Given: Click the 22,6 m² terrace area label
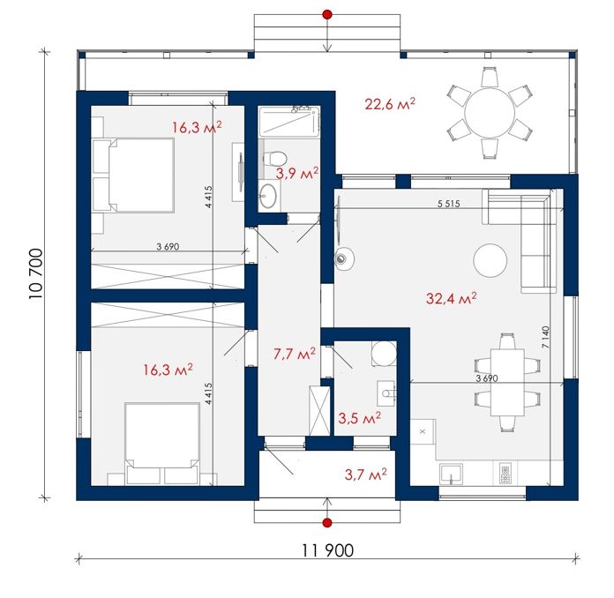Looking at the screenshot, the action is pyautogui.click(x=390, y=104).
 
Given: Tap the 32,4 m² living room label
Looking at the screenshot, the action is pyautogui.click(x=451, y=298).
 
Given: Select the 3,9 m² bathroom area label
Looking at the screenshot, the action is pyautogui.click(x=296, y=173).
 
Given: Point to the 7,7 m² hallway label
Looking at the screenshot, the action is pyautogui.click(x=295, y=354).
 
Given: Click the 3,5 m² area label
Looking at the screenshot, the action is pyautogui.click(x=359, y=418).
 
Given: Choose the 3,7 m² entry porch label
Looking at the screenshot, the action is pyautogui.click(x=366, y=475).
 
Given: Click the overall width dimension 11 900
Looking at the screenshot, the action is pyautogui.click(x=328, y=550).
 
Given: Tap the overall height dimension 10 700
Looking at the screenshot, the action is pyautogui.click(x=35, y=273).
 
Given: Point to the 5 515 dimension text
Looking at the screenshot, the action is pyautogui.click(x=449, y=204).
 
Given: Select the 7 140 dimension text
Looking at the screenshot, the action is pyautogui.click(x=545, y=337).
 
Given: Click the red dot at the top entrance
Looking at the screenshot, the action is pyautogui.click(x=327, y=15).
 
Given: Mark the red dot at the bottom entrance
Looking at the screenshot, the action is pyautogui.click(x=327, y=522).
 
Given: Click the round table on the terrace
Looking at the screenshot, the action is pyautogui.click(x=490, y=113).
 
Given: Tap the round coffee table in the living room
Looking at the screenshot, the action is pyautogui.click(x=490, y=260).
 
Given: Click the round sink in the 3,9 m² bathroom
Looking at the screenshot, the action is pyautogui.click(x=268, y=195).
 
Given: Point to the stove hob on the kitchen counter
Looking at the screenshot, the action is pyautogui.click(x=505, y=473).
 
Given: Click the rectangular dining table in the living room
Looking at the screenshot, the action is pyautogui.click(x=507, y=382).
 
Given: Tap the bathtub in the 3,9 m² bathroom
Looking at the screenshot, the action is pyautogui.click(x=289, y=122).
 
